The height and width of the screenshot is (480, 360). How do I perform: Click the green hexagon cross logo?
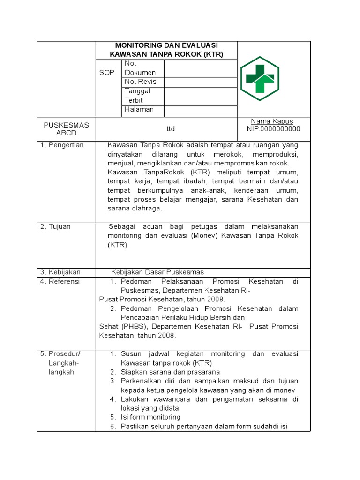pos(259,78)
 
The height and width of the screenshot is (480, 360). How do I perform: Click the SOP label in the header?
pos(106,73)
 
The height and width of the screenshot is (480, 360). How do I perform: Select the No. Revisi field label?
pos(141,82)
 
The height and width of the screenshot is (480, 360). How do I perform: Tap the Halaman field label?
pos(138,109)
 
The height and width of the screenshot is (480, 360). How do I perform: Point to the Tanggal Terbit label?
pos(137,96)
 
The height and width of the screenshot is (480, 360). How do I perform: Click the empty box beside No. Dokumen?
pos(200,68)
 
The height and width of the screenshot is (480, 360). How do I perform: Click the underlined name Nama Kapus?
pos(272,121)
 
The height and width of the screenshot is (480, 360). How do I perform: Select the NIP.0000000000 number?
pos(274,129)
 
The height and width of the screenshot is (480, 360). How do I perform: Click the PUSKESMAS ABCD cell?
pos(66,129)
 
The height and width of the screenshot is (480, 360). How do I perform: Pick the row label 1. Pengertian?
pos(62,145)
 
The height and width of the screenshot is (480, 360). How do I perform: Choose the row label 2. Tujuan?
pos(55,227)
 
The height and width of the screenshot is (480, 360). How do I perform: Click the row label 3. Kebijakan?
pos(60,272)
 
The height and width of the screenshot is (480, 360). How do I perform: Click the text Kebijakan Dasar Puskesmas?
pos(157,272)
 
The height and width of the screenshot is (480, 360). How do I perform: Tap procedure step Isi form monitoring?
pos(150,417)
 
